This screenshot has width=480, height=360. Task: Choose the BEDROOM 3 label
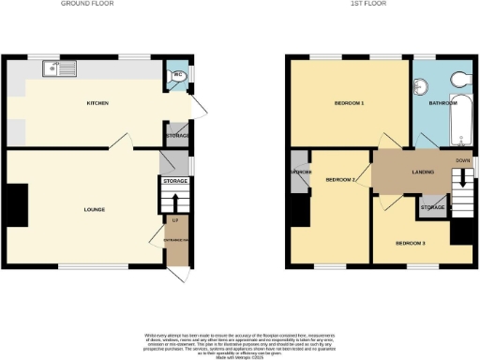click(x=410, y=244)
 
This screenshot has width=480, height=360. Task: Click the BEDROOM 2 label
click(x=339, y=178)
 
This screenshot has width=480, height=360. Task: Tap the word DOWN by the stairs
click(x=462, y=160)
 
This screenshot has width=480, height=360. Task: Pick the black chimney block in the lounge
click(x=17, y=205)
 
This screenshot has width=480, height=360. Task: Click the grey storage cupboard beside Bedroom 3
click(x=432, y=206)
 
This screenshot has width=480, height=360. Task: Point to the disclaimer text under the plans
click(x=239, y=343)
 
